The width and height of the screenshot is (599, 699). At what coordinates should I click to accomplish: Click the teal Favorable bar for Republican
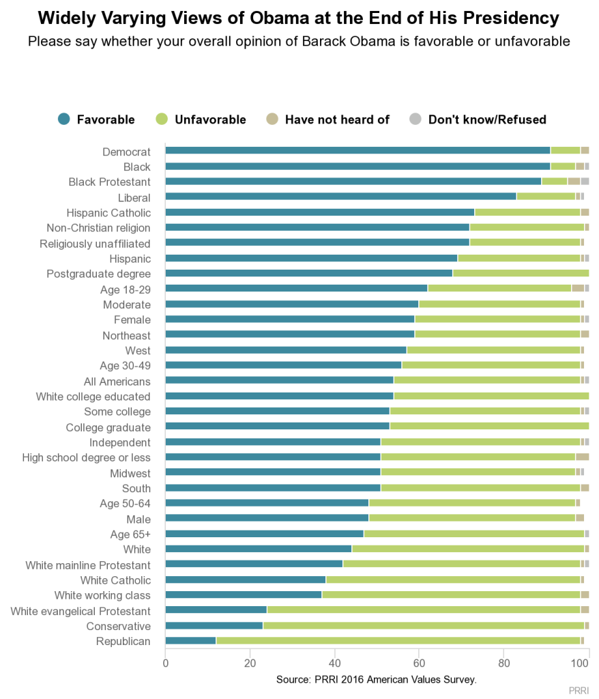point(190,640)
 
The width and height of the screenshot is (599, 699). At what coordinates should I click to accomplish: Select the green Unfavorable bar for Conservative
point(423,625)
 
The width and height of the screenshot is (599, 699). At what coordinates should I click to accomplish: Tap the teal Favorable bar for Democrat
point(357,151)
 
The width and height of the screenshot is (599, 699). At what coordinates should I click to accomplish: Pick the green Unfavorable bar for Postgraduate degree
point(521,273)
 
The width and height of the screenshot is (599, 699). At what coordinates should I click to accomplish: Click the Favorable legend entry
point(96,119)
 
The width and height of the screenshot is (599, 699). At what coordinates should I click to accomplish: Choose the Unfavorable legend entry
point(201,119)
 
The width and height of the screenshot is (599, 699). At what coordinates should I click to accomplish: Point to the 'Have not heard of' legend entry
point(327,119)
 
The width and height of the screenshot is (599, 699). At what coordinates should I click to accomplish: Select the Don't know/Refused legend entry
point(477,119)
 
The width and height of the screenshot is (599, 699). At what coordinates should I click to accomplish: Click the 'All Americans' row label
point(117,381)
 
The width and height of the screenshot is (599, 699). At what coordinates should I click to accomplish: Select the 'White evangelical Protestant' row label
point(81,610)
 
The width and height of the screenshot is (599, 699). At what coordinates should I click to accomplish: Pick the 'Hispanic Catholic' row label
point(108,212)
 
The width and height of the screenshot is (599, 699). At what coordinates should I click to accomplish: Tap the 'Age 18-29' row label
point(126,289)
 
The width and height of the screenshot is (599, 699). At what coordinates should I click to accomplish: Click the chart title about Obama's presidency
point(299,18)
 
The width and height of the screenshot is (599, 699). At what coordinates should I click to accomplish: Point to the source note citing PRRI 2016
point(376,680)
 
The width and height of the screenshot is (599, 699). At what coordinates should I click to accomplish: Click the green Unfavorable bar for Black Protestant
point(554,182)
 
